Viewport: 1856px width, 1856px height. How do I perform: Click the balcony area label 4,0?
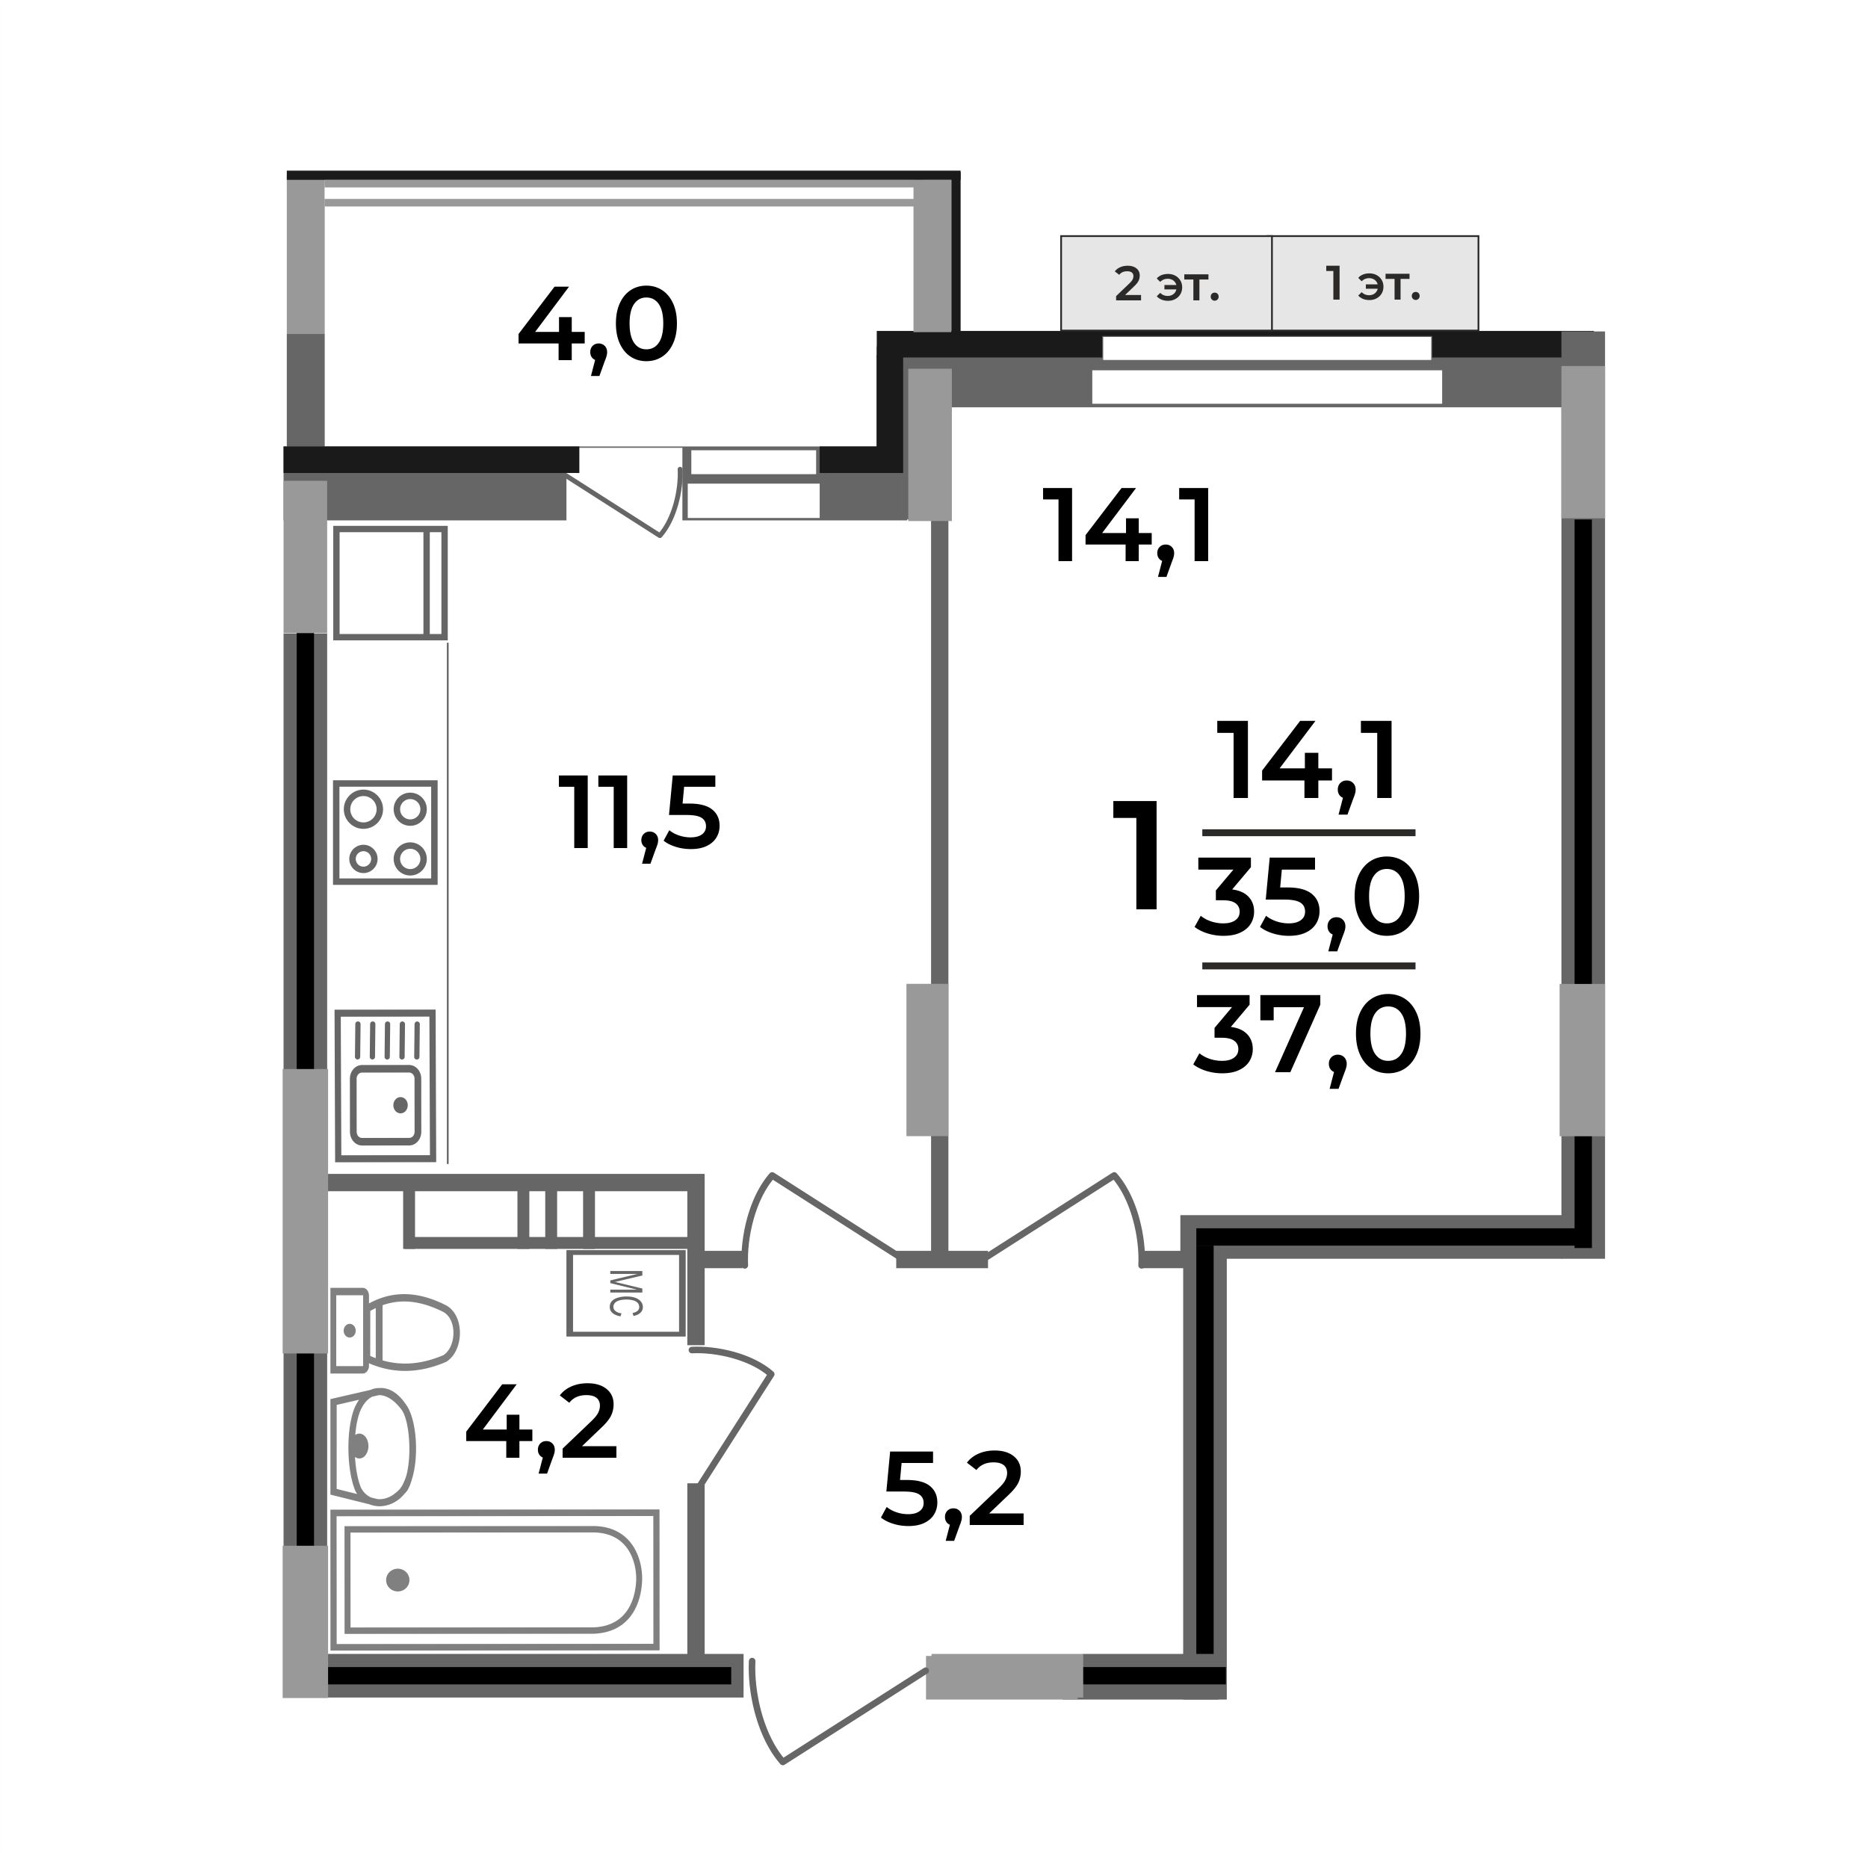pyautogui.click(x=598, y=330)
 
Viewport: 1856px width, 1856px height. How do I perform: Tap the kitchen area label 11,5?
pyautogui.click(x=639, y=814)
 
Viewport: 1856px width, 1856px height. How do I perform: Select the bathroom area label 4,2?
pyautogui.click(x=540, y=1425)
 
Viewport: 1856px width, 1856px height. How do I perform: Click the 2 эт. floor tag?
pyautogui.click(x=1166, y=285)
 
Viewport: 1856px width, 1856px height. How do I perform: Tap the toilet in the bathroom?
pyautogui.click(x=394, y=1331)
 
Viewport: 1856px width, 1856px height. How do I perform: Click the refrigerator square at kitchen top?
pyautogui.click(x=390, y=582)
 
